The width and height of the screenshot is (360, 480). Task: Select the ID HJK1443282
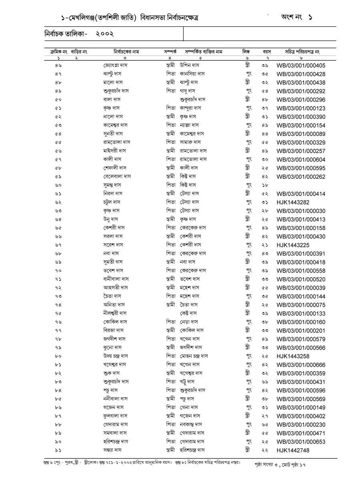[x=293, y=202]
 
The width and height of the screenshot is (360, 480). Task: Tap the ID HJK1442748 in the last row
[x=293, y=450]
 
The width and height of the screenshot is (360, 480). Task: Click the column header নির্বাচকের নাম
[x=126, y=52]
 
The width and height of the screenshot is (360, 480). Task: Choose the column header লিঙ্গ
[x=246, y=52]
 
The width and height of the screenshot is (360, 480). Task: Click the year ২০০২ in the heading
[x=105, y=34]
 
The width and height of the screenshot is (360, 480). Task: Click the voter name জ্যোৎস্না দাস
[x=115, y=65]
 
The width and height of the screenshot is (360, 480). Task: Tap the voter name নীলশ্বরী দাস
[x=115, y=314]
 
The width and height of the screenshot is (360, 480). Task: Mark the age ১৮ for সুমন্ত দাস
[x=265, y=185]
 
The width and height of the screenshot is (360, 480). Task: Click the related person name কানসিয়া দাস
[x=192, y=74]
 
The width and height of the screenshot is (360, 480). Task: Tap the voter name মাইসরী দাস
[x=114, y=151]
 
